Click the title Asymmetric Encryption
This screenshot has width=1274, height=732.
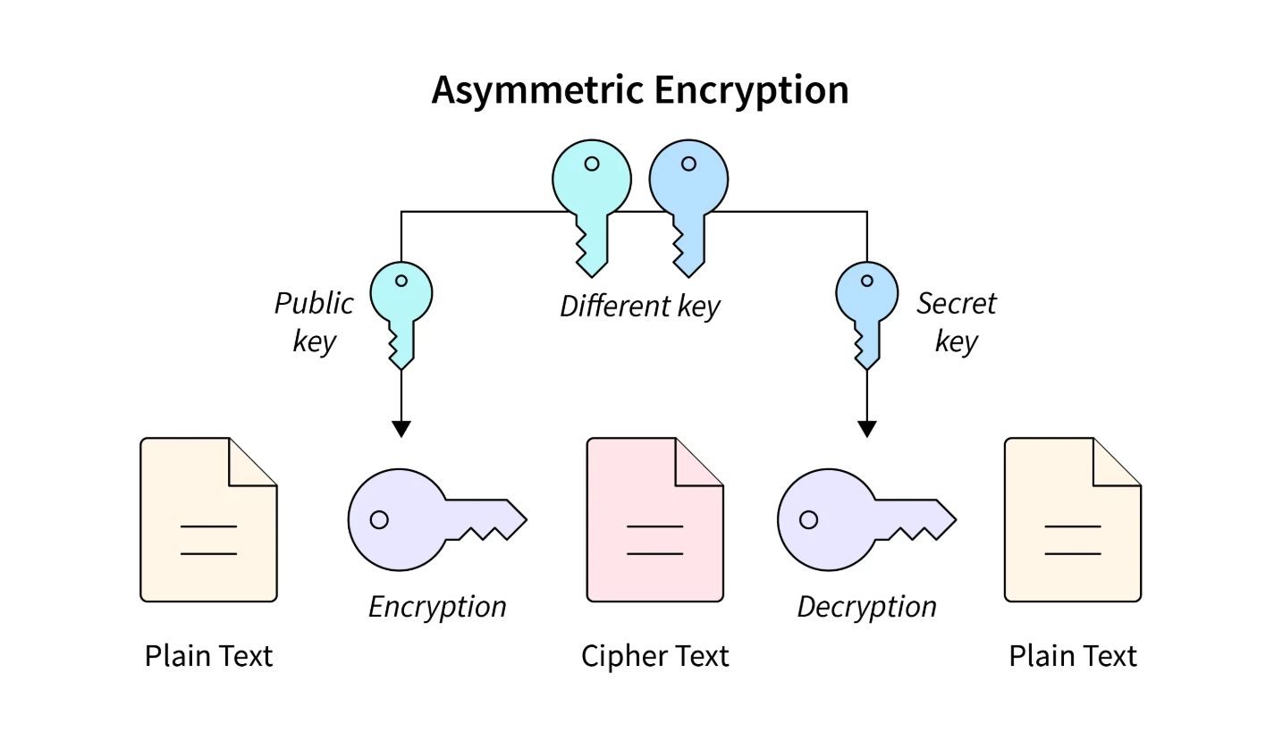click(x=639, y=90)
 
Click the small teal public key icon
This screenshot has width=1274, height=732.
click(x=401, y=304)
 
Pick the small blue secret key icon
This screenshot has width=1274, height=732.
click(x=866, y=304)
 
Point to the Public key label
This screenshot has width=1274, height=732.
click(x=314, y=322)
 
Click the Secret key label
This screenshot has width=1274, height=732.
click(x=956, y=322)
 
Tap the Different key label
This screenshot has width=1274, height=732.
click(x=639, y=307)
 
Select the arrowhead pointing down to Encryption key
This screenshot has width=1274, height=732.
click(x=401, y=428)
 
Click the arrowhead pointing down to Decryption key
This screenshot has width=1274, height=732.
click(x=866, y=428)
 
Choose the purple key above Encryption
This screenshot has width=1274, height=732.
click(x=420, y=518)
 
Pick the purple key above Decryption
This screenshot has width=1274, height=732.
click(x=849, y=518)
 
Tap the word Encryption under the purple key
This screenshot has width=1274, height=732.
click(x=437, y=607)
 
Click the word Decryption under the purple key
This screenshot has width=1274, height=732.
click(x=866, y=607)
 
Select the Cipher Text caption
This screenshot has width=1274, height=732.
click(x=654, y=656)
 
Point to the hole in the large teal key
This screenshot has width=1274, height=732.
click(x=591, y=164)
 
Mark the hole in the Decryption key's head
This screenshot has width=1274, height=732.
click(x=808, y=519)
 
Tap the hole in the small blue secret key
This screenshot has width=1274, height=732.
click(x=866, y=281)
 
